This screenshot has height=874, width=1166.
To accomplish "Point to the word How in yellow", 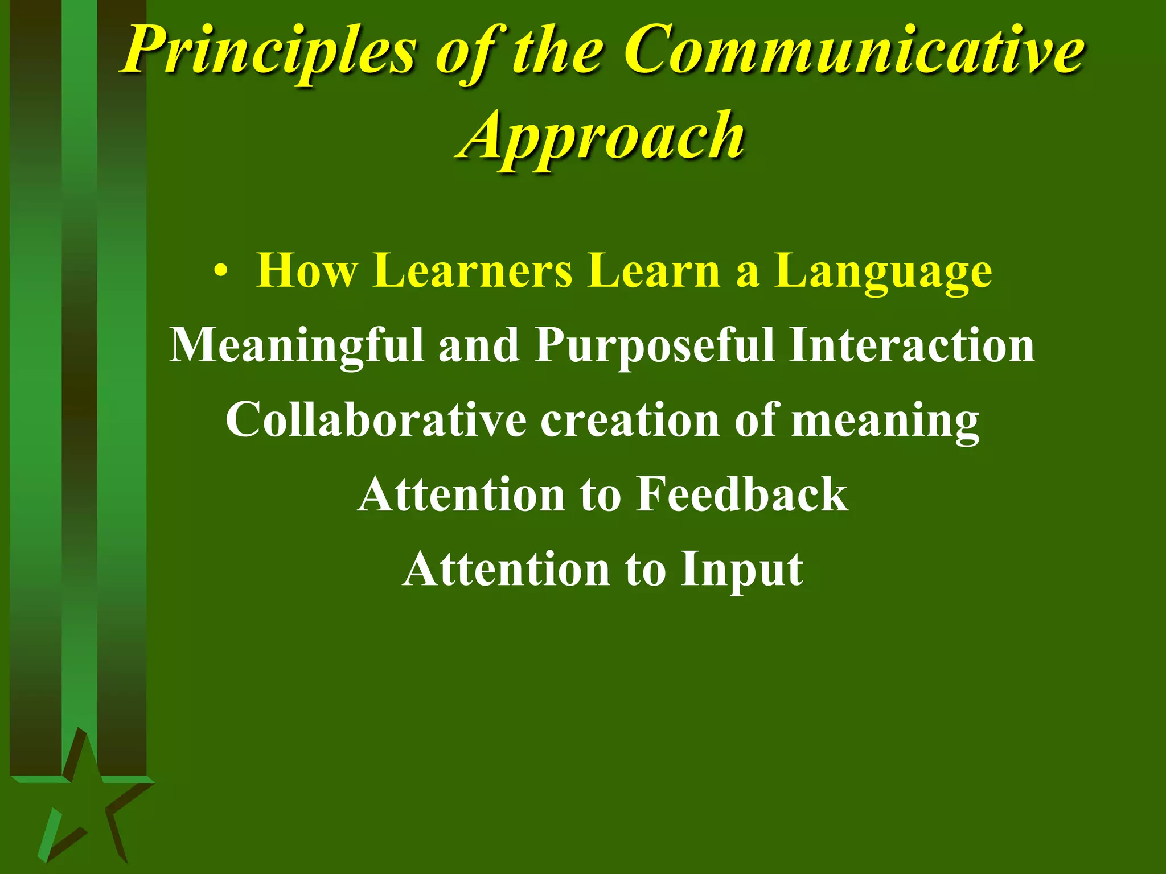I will pos(307,271).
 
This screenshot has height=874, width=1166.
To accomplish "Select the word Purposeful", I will pos(655,346).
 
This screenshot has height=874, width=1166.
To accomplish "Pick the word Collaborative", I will pos(376,420).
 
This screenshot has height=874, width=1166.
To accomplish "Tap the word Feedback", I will pos(742,494).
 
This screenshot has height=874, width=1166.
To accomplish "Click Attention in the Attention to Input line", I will pos(507,569).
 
